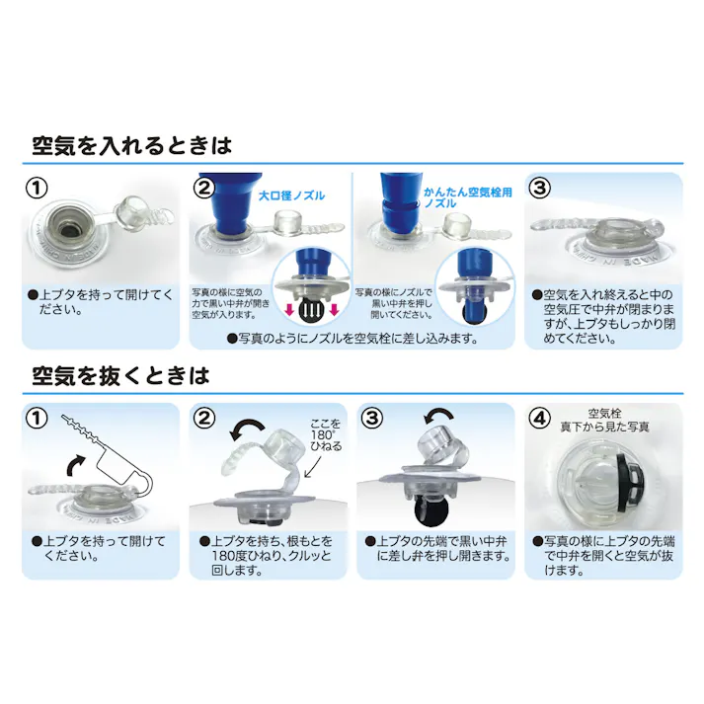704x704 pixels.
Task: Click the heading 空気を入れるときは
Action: click(132, 146)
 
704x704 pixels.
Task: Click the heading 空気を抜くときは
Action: click(120, 376)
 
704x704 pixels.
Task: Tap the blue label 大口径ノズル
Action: click(292, 196)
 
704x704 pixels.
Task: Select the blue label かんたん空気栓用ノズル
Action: click(468, 197)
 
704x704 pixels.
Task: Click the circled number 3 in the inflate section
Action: click(540, 189)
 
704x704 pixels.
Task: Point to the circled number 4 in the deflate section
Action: click(540, 419)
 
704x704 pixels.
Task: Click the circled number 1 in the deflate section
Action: click(38, 419)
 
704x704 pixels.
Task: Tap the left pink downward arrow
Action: click(290, 310)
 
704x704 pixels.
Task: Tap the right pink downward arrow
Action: click(333, 310)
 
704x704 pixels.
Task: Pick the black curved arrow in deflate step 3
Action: click(438, 416)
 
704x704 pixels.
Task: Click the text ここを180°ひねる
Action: click(326, 435)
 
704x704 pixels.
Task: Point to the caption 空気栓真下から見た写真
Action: click(604, 420)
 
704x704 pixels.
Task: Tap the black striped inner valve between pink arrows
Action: click(311, 311)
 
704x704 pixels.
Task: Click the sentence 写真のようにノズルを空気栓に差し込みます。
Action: click(352, 339)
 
